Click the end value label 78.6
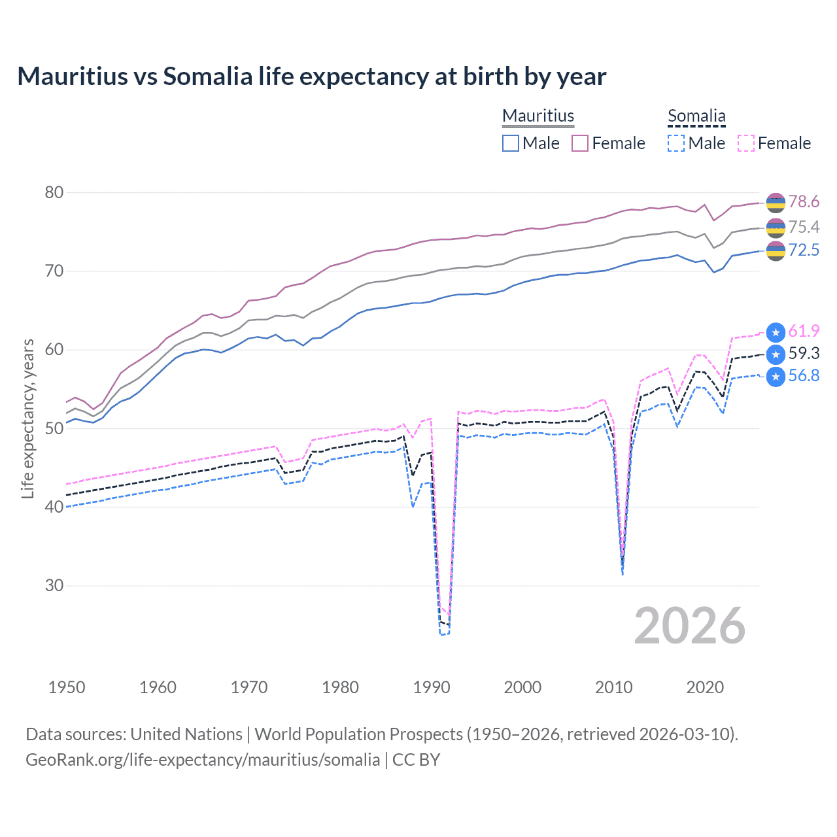(803, 202)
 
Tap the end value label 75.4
(803, 227)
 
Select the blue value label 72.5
(803, 250)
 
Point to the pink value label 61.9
(803, 332)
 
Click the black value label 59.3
(803, 354)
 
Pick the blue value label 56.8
(803, 376)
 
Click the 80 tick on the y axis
(54, 192)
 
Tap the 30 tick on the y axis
(54, 585)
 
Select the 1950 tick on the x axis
(67, 687)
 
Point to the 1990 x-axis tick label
(432, 687)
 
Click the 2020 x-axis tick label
(705, 687)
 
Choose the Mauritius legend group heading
(538, 116)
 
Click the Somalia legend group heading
(696, 116)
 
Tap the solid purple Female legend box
(580, 143)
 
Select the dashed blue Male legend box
(676, 143)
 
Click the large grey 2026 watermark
(689, 626)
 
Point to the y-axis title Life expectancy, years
(27, 418)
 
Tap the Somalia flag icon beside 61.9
(776, 332)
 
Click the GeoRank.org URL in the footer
(203, 760)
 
